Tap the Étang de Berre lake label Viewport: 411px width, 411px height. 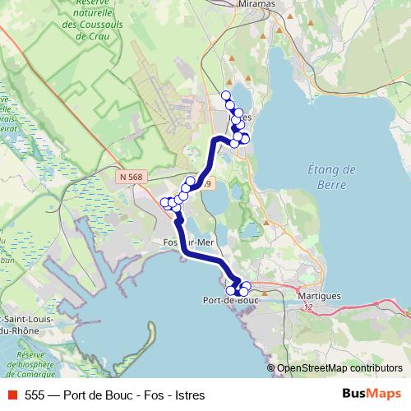click(x=336, y=177)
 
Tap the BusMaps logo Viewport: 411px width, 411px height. click(x=371, y=395)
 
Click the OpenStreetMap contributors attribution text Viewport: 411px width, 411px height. click(x=339, y=368)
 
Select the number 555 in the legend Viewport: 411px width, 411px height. click(x=35, y=395)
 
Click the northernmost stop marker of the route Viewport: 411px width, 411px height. click(x=226, y=96)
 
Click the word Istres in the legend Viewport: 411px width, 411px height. click(x=188, y=395)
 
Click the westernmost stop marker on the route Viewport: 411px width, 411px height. click(x=164, y=202)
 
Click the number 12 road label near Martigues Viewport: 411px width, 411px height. click(x=307, y=307)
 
